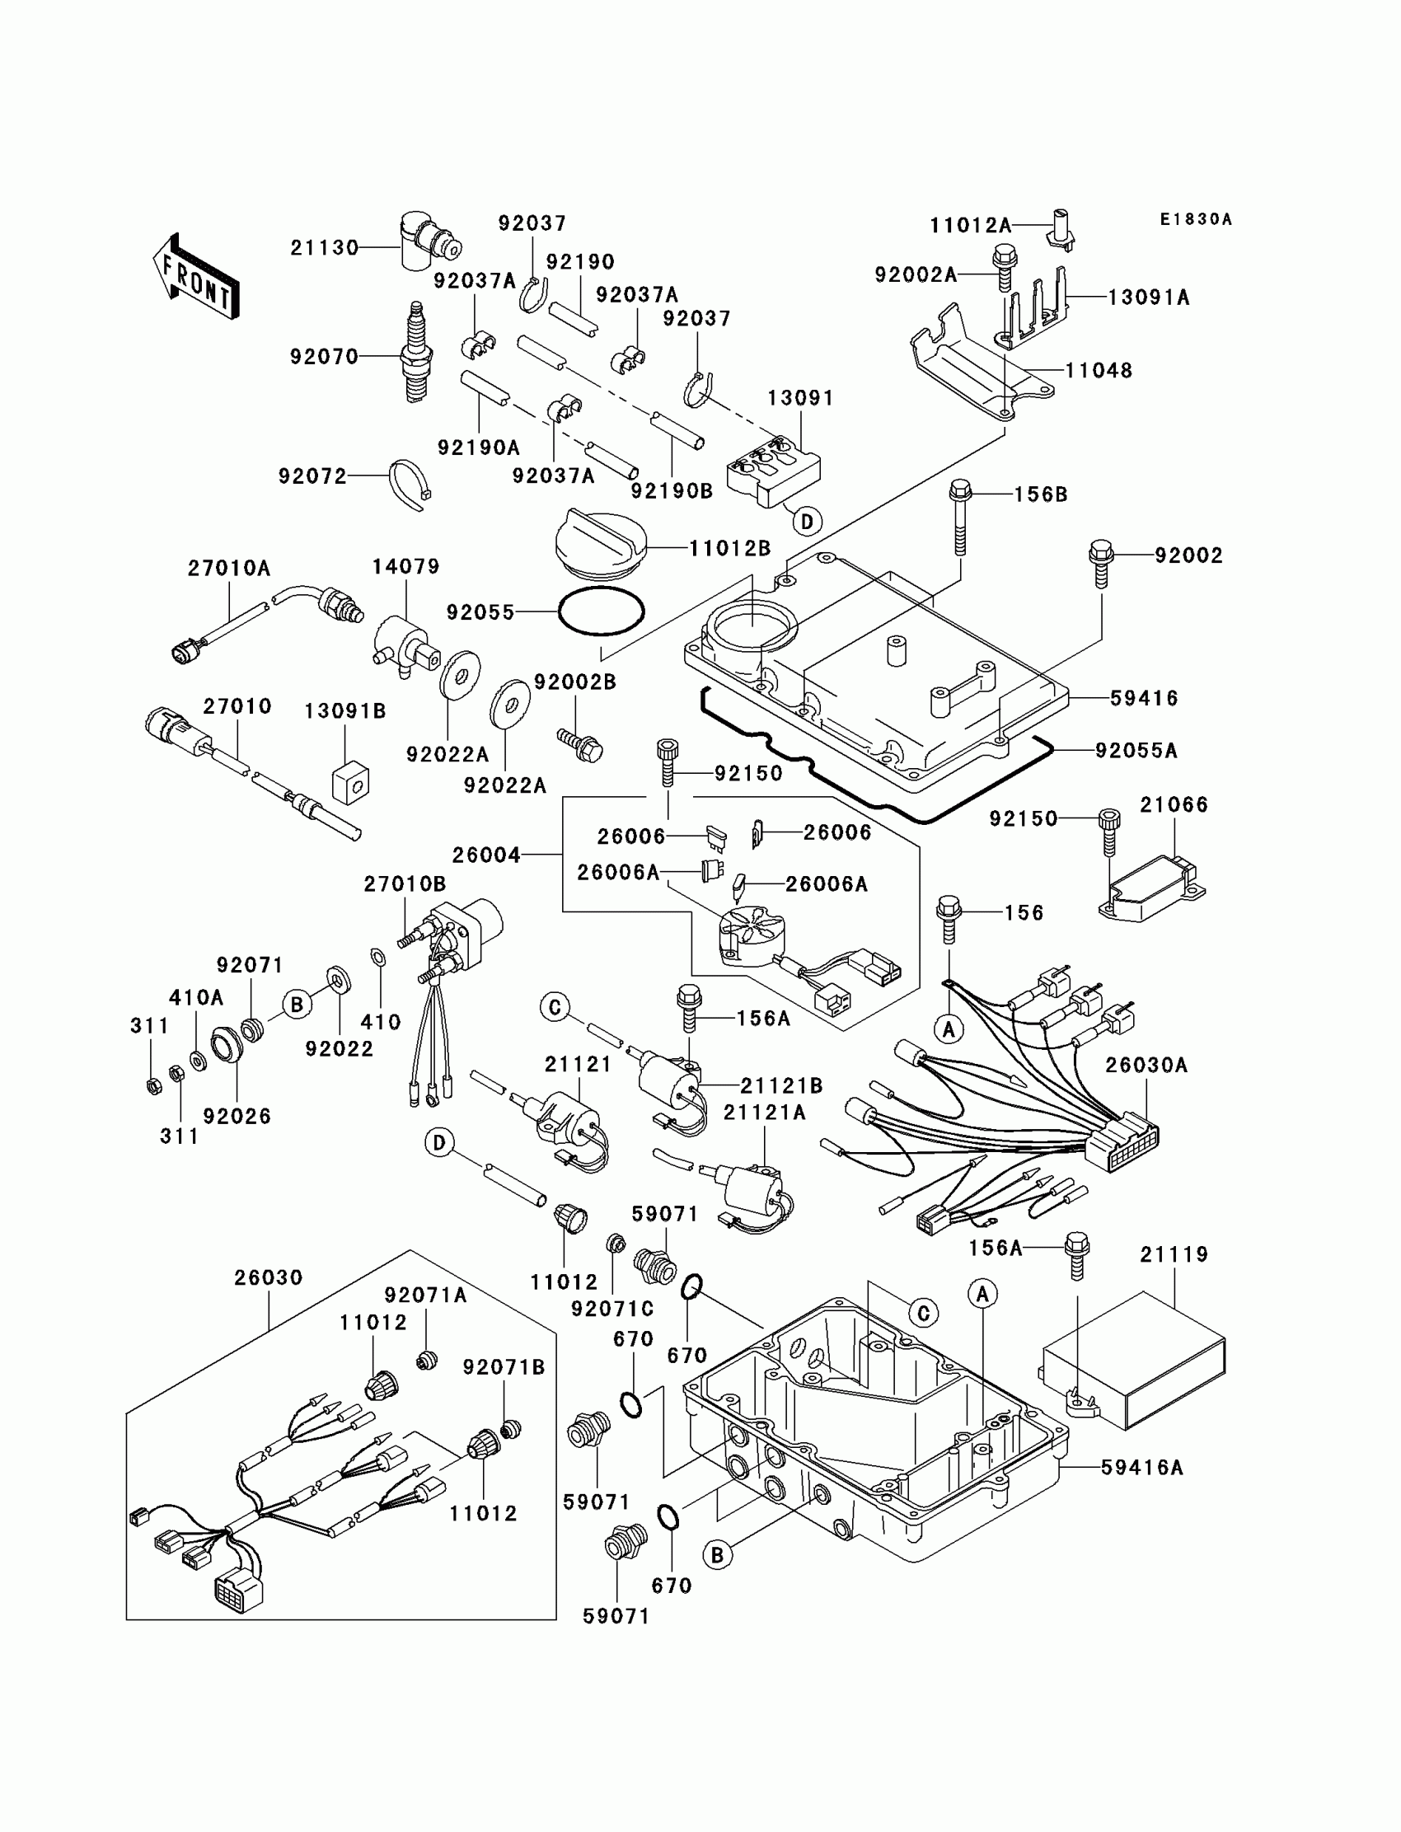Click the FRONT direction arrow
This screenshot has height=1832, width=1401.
(x=196, y=277)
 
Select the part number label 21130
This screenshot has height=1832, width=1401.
(x=325, y=248)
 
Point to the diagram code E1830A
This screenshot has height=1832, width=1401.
(x=1195, y=219)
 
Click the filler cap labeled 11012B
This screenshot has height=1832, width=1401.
(x=601, y=543)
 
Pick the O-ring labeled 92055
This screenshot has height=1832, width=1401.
(x=601, y=613)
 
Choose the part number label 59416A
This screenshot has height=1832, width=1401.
(x=1141, y=1491)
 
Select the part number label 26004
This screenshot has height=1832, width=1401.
(x=486, y=855)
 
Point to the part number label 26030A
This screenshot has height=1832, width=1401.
(x=1146, y=1065)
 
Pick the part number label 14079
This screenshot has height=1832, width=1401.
(x=405, y=566)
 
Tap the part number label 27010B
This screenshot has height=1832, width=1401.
(x=405, y=883)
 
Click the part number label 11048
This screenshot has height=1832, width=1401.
(x=1099, y=370)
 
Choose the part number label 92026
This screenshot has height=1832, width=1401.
(x=237, y=1116)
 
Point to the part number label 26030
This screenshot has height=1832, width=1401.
(x=268, y=1277)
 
